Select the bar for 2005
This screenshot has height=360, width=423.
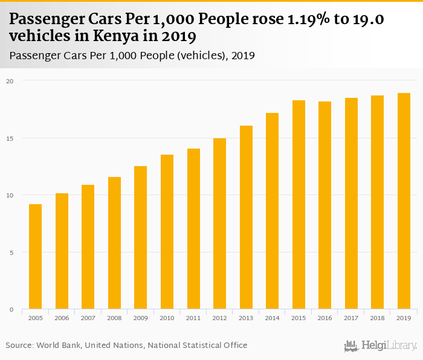coord(36,257)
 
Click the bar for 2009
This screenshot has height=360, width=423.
coord(141,237)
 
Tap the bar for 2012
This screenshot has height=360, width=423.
coord(219,223)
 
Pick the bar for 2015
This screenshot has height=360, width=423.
coord(299,205)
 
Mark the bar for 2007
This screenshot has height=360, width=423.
coord(88,247)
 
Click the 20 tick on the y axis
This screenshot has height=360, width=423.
coord(10,80)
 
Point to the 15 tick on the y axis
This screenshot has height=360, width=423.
coord(10,138)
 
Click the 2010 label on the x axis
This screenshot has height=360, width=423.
coord(167,318)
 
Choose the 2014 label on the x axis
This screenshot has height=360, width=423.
coord(272,318)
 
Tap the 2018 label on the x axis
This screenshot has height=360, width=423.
coord(377,318)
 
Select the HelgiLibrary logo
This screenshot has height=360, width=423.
coord(380,346)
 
